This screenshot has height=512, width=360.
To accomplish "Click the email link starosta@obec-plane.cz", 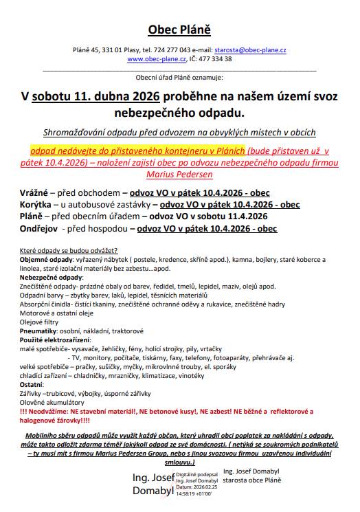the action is pyautogui.click(x=251, y=51).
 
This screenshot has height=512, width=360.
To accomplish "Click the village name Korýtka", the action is pyautogui.click(x=35, y=204).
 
